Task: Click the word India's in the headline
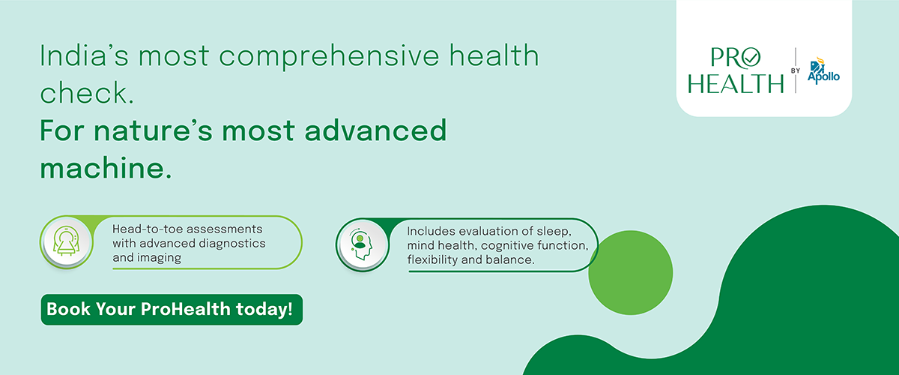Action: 84,55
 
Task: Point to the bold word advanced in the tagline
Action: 375,130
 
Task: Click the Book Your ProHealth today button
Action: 172,310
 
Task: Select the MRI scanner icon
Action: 67,241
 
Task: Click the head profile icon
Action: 361,244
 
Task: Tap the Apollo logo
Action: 823,70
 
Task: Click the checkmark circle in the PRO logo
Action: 751,58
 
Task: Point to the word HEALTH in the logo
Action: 736,83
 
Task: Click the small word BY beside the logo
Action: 795,70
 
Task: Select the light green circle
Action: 631,272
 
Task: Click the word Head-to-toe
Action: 147,229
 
